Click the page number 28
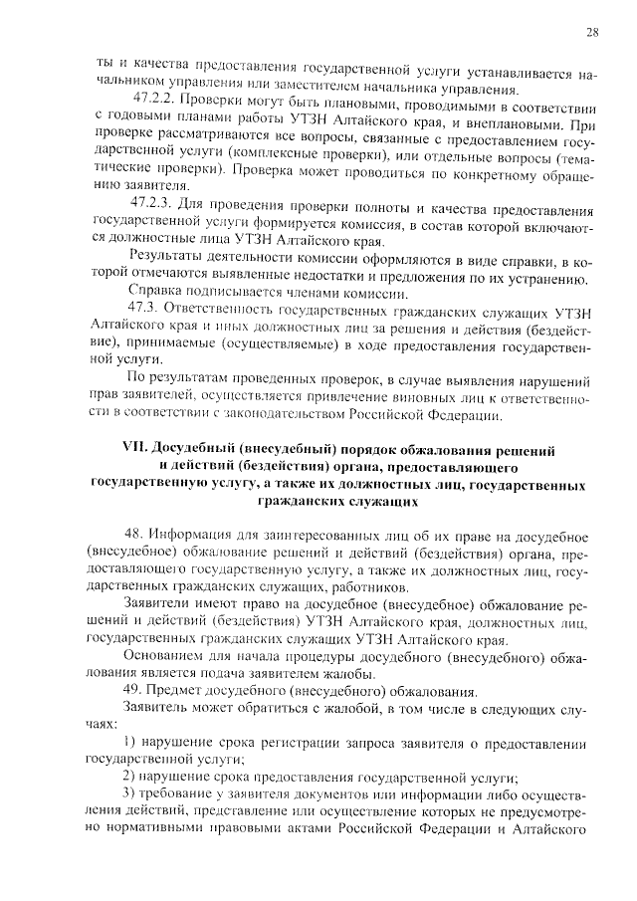(x=592, y=32)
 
